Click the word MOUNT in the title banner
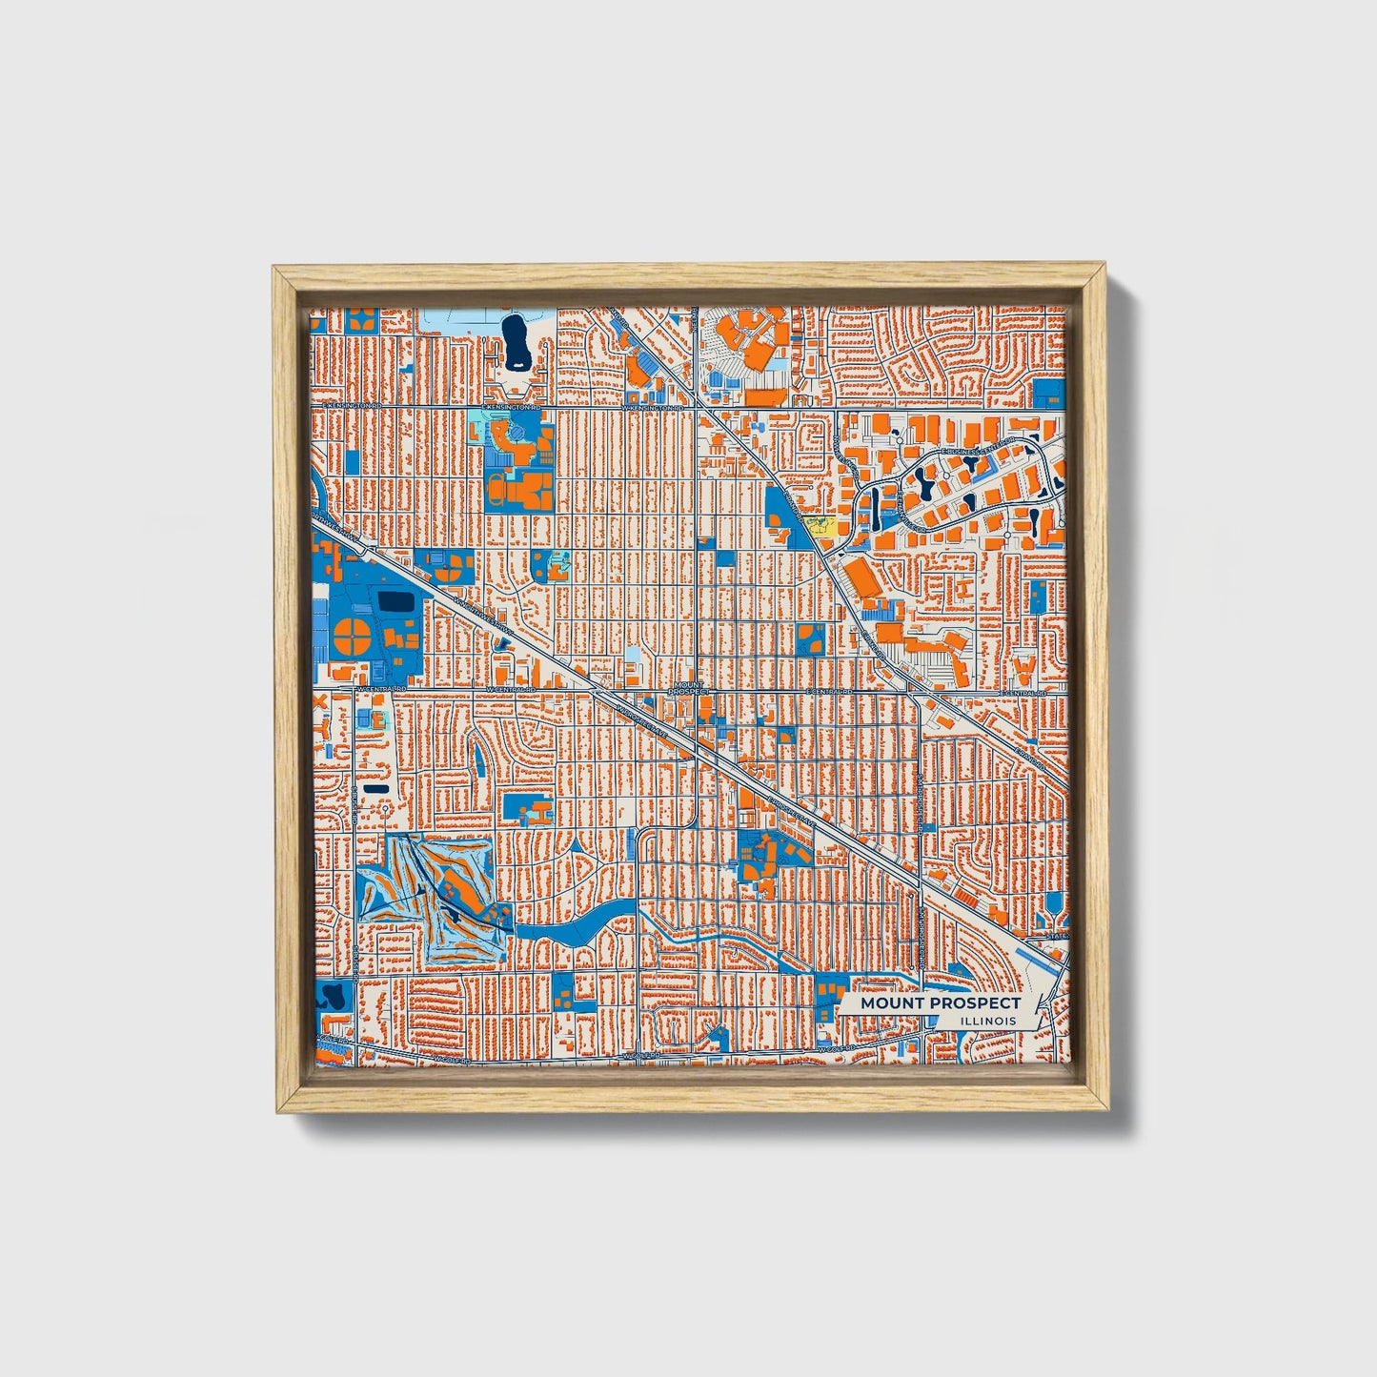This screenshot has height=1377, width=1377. (886, 1002)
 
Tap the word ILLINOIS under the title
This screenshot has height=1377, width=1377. (987, 1021)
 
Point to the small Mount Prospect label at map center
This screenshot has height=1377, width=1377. (690, 688)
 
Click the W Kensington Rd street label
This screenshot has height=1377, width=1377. (654, 408)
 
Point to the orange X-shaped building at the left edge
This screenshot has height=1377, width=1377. (319, 702)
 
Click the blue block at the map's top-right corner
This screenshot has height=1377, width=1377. (1048, 394)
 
